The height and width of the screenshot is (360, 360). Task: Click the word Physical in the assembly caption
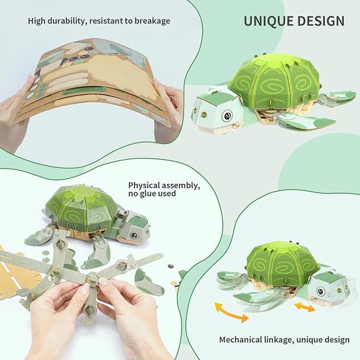tap(146, 185)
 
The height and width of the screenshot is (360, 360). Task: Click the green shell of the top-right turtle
tap(275, 81)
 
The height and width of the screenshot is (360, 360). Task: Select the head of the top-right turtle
tap(217, 109)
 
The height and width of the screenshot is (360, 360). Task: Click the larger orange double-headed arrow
tap(230, 311)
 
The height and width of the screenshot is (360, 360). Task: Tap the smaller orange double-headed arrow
tap(305, 306)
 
